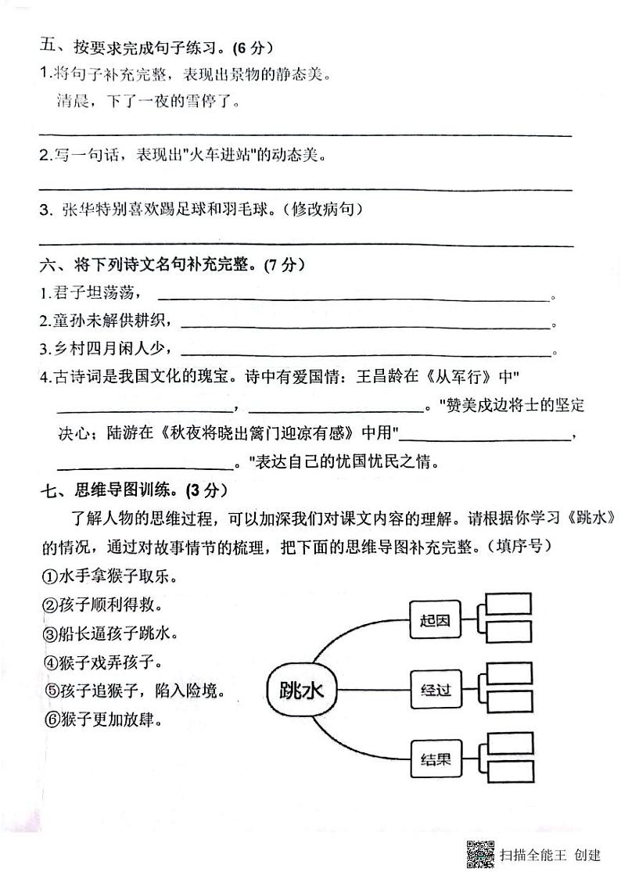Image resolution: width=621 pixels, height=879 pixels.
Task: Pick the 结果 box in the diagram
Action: tap(435, 758)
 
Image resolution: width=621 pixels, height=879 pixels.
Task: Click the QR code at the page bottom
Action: tap(479, 854)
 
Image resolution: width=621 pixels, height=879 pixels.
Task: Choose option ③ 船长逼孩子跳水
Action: tap(108, 633)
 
